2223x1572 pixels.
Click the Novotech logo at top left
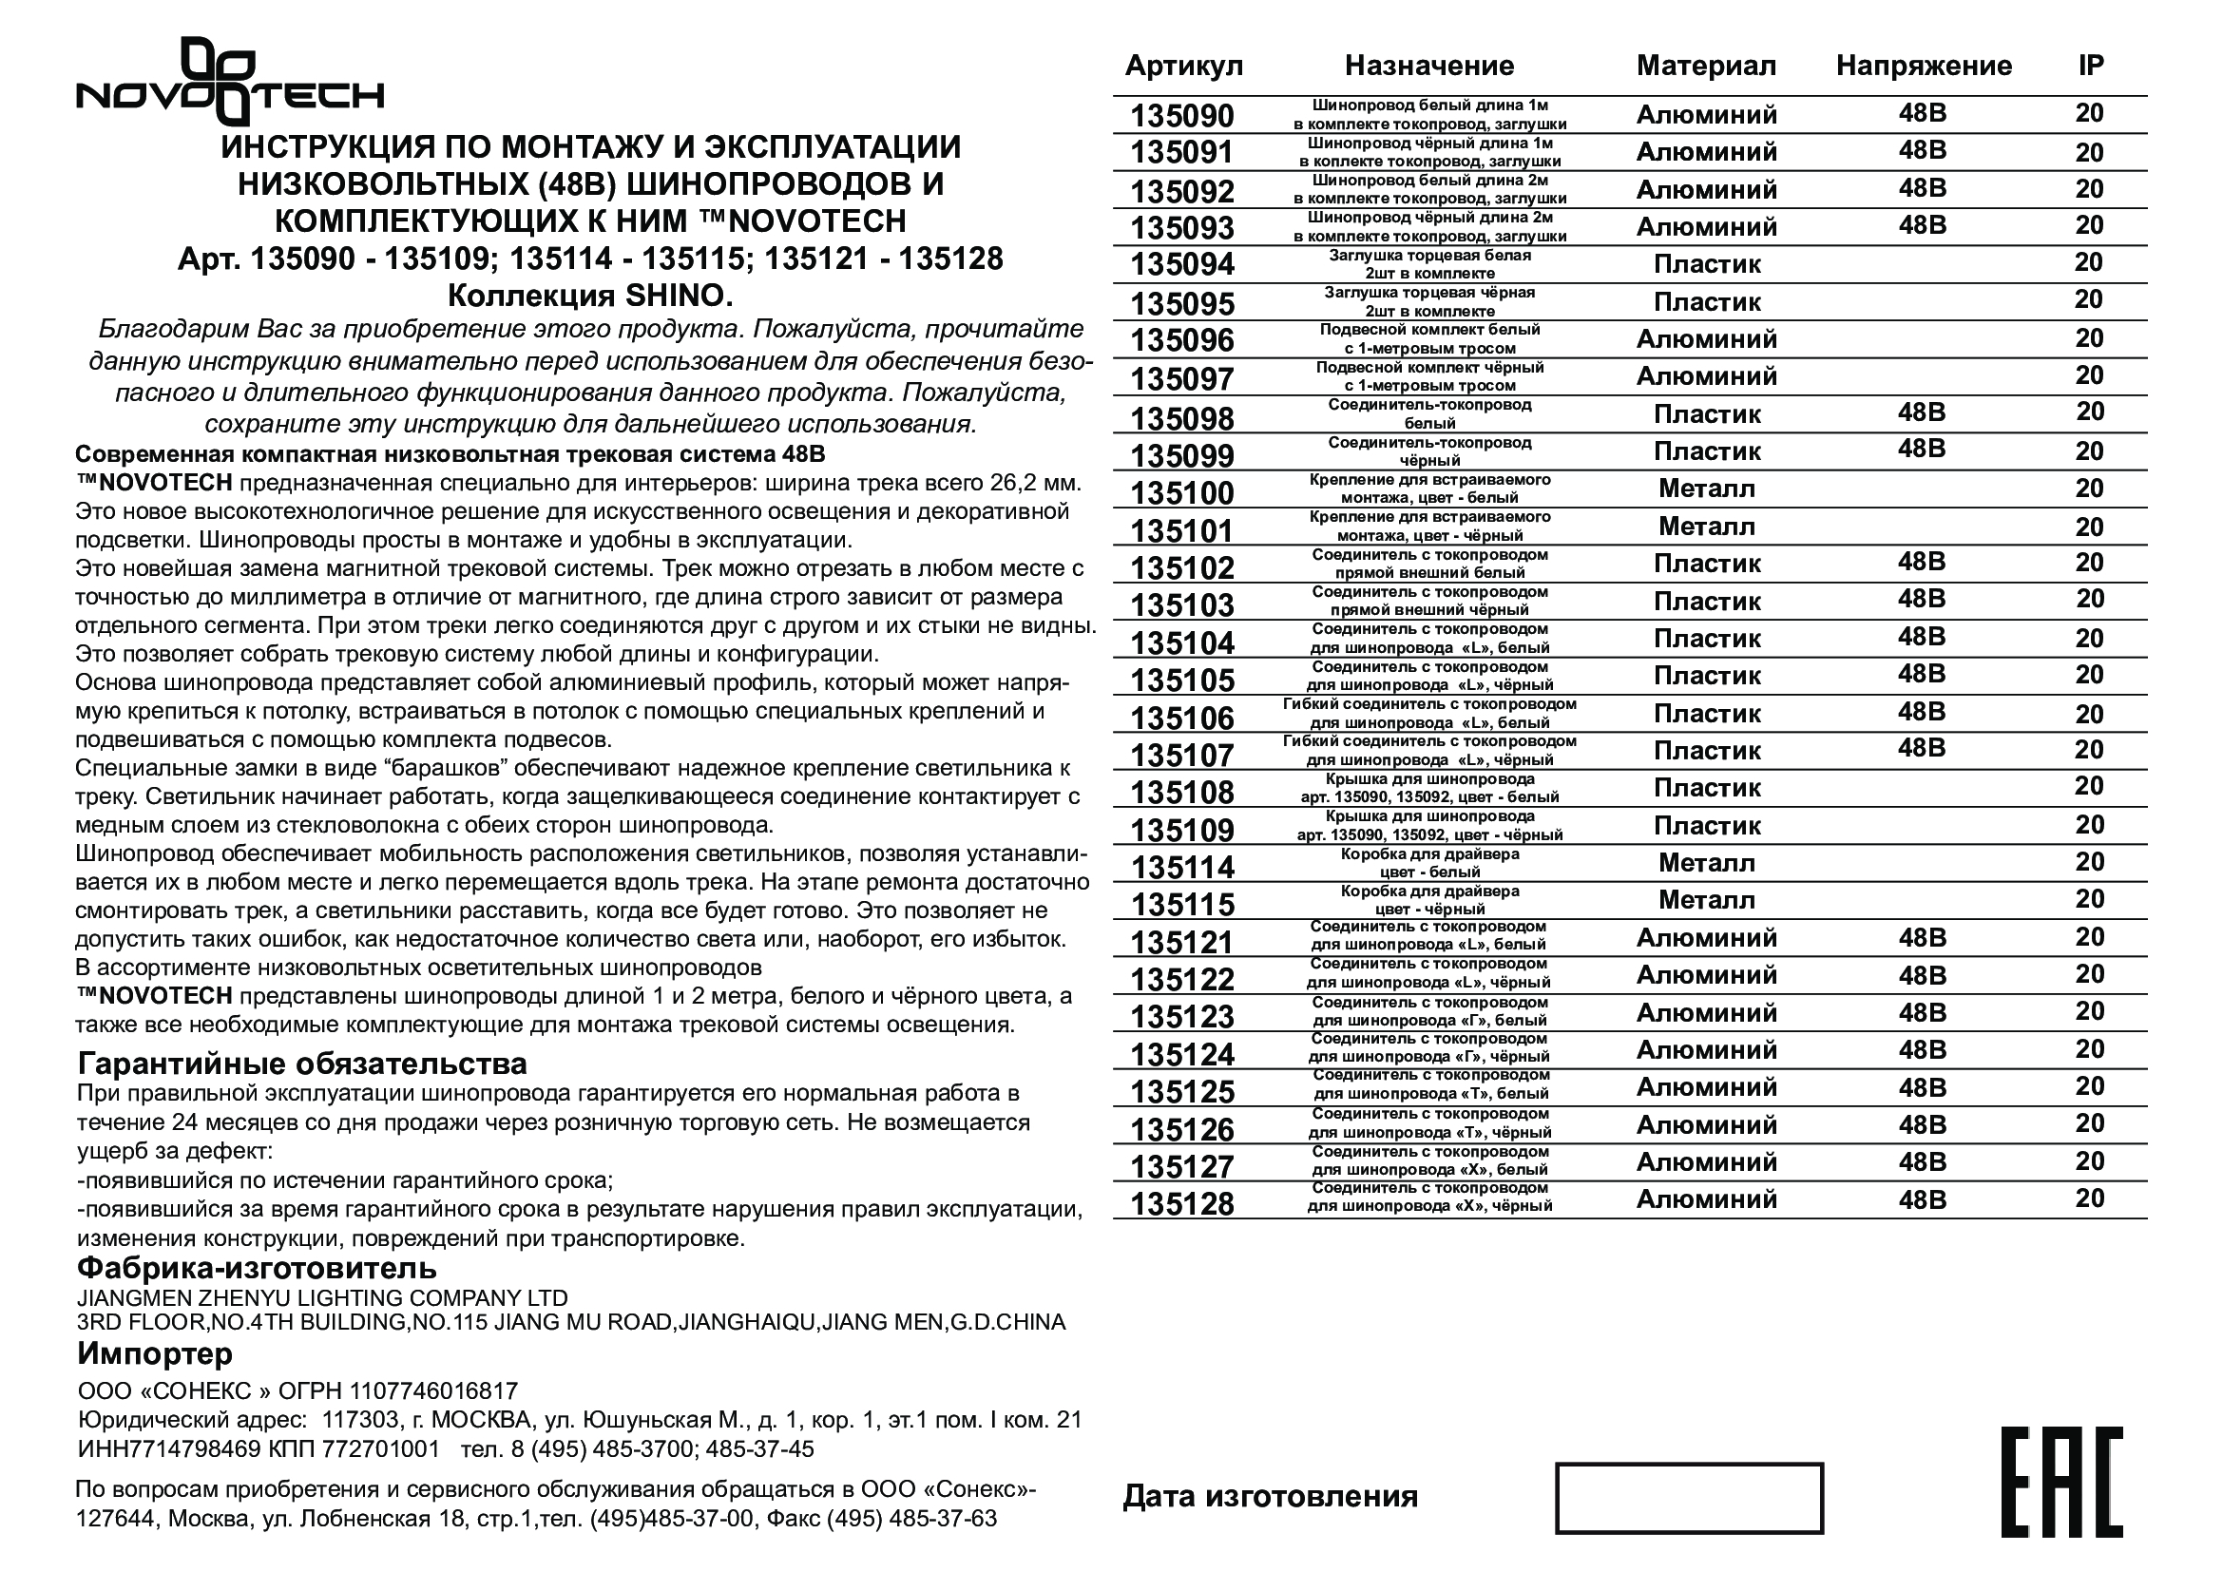(230, 84)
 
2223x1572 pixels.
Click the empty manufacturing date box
(1689, 1498)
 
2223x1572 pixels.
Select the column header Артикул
(1183, 66)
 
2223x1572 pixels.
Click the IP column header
(2090, 65)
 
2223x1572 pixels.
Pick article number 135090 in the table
(1182, 116)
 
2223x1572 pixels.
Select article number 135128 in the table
(1182, 1204)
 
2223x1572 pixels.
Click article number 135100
(1182, 492)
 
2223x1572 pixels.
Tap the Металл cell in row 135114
(1706, 862)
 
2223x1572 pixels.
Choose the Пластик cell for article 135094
(1706, 264)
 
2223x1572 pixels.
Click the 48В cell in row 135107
(1921, 748)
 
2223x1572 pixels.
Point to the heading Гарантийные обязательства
(302, 1064)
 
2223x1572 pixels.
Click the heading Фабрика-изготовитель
(257, 1267)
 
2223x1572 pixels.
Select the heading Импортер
(155, 1352)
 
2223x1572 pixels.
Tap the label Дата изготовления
(1270, 1497)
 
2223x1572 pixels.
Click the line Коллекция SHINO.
(590, 295)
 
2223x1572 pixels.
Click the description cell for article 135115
(1429, 900)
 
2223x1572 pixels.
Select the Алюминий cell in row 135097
(1706, 375)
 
